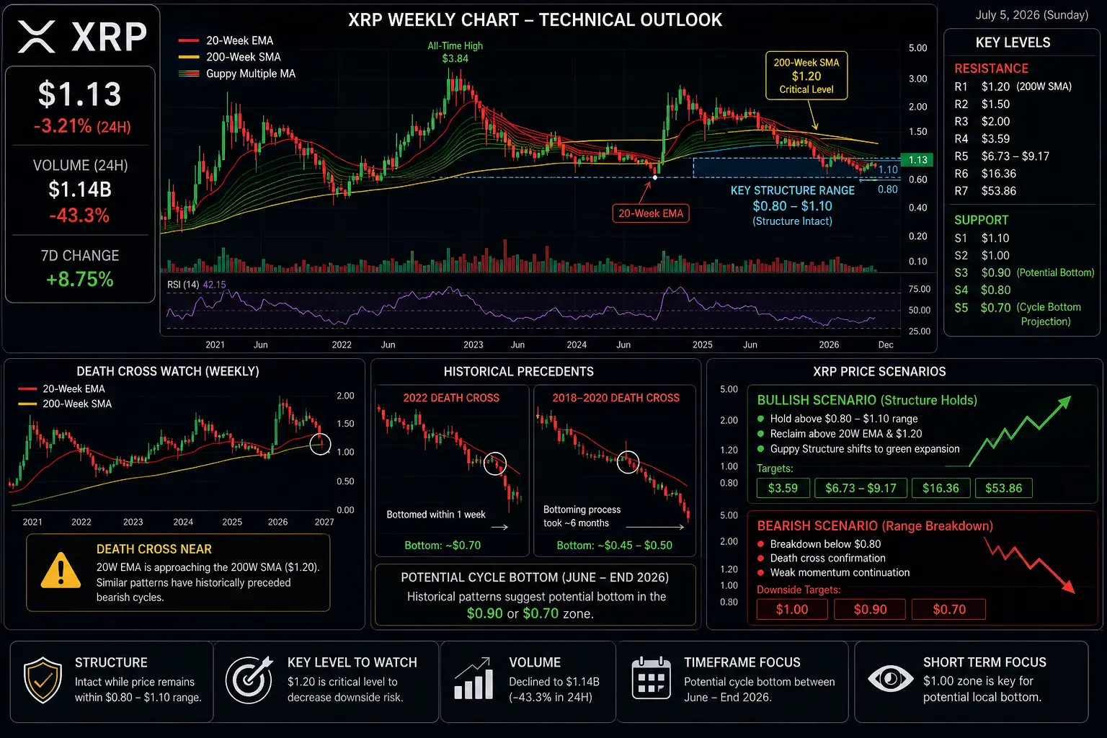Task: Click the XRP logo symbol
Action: click(x=37, y=37)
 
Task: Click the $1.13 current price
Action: click(x=80, y=94)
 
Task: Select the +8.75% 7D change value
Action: click(x=80, y=280)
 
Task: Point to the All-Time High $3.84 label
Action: click(x=455, y=52)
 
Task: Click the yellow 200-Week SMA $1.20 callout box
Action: click(x=806, y=76)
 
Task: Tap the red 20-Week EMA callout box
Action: click(x=651, y=213)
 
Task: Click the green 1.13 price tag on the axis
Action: click(x=917, y=160)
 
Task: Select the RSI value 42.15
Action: click(x=215, y=285)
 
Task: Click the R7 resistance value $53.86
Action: click(x=999, y=191)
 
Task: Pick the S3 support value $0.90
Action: click(x=996, y=273)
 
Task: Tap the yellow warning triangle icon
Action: click(x=61, y=570)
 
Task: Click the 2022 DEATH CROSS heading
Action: click(x=451, y=398)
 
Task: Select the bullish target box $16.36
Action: click(x=941, y=489)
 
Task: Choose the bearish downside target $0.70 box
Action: click(x=949, y=610)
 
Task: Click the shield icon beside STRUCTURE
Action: click(x=43, y=680)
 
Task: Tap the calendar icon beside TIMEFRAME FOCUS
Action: click(x=652, y=678)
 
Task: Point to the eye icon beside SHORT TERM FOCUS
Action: click(x=891, y=679)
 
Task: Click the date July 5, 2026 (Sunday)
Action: click(x=1032, y=15)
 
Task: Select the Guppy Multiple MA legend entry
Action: click(x=237, y=74)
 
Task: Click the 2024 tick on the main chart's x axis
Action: click(x=577, y=344)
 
